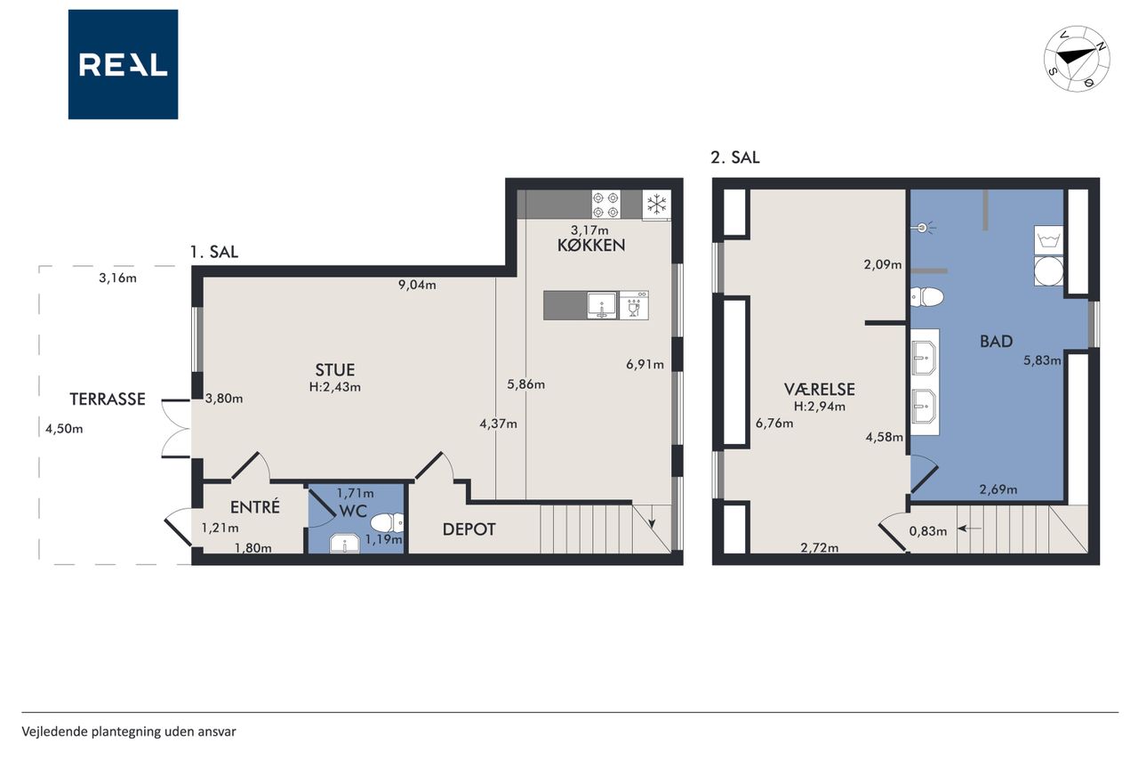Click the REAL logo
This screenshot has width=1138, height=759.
[x=123, y=65]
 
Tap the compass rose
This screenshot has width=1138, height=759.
[x=1077, y=59]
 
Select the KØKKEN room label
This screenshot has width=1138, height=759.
[x=591, y=246]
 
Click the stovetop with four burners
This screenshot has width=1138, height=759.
[x=606, y=205]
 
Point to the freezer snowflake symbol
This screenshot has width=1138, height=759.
[x=656, y=205]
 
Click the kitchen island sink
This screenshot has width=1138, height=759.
[x=603, y=305]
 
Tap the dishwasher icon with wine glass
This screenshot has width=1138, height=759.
[x=634, y=305]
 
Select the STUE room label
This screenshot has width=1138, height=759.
[x=335, y=369]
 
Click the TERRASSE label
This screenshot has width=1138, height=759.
[x=108, y=399]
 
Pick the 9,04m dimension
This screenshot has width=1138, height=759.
[x=417, y=285]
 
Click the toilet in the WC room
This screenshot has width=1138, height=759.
[x=387, y=522]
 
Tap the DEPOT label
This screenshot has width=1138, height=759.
[x=469, y=529]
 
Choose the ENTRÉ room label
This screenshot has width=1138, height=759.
[x=255, y=507]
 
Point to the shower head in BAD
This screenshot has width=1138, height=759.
[x=923, y=229]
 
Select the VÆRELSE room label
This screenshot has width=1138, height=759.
[x=820, y=390]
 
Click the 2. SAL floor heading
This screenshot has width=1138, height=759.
[x=735, y=157]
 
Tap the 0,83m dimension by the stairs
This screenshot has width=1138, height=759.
[x=927, y=532]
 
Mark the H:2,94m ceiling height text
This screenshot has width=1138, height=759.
[x=820, y=407]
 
